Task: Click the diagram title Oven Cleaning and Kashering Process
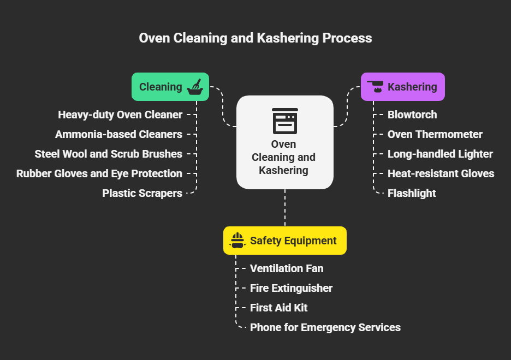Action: (x=255, y=38)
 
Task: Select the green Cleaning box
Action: (x=170, y=87)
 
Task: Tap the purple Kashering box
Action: (x=402, y=87)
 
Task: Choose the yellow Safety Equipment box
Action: (x=284, y=241)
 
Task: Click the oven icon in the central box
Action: (x=284, y=121)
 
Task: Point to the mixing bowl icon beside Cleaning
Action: (x=195, y=87)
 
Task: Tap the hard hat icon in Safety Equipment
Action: (x=237, y=241)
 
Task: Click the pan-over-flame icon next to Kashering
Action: (x=375, y=87)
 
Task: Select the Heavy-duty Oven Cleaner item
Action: (x=120, y=115)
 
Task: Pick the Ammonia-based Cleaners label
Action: (x=118, y=134)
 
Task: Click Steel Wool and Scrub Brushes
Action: (x=108, y=154)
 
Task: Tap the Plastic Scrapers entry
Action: (x=142, y=193)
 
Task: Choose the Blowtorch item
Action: (x=412, y=115)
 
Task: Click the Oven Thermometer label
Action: (x=435, y=134)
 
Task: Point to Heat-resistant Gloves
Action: (x=441, y=173)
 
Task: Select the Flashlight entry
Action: (x=412, y=193)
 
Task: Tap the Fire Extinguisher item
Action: (x=291, y=288)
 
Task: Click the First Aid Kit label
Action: (x=278, y=308)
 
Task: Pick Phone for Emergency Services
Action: (x=325, y=327)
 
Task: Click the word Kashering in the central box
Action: (x=283, y=170)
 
